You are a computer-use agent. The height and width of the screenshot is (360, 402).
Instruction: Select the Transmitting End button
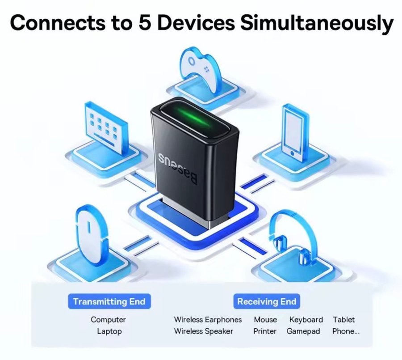click(x=109, y=301)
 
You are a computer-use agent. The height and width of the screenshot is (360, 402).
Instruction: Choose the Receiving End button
click(x=266, y=301)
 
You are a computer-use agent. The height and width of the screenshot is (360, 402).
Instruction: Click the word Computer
click(x=108, y=320)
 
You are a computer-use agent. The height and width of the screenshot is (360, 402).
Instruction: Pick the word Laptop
click(x=109, y=331)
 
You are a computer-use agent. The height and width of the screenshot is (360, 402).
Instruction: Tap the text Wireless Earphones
click(x=208, y=320)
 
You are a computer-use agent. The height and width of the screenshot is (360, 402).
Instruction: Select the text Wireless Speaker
click(x=203, y=331)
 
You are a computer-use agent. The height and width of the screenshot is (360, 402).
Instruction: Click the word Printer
click(x=265, y=331)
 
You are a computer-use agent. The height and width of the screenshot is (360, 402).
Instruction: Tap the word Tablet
click(x=343, y=320)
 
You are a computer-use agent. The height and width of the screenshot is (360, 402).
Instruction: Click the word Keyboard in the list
click(x=306, y=320)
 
